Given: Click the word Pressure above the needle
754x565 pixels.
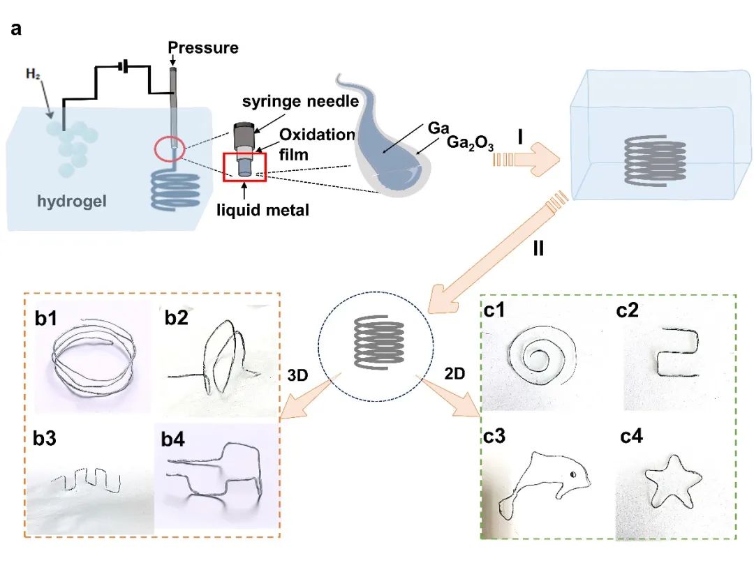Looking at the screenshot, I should [204, 48].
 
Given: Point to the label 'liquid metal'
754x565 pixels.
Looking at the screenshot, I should [267, 209].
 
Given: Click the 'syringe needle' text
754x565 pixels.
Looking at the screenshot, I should [300, 102].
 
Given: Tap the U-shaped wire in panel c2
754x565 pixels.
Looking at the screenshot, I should [677, 352].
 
